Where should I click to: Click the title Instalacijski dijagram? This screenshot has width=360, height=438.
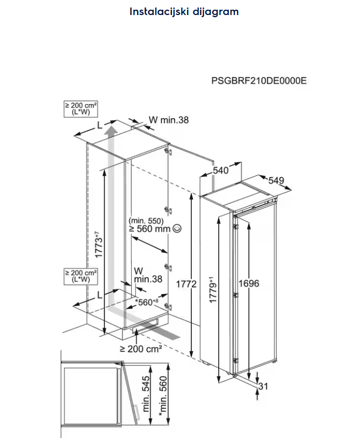[184, 11]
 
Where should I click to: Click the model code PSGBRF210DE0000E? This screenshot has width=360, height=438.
[259, 81]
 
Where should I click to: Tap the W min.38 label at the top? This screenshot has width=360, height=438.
[169, 120]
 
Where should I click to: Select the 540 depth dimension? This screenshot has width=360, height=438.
[220, 171]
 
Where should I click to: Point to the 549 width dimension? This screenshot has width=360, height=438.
[276, 180]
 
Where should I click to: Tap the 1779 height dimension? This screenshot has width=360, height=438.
[213, 290]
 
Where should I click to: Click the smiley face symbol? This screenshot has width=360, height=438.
[177, 229]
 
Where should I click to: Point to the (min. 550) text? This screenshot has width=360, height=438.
[146, 220]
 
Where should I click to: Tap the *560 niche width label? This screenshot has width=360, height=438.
[146, 303]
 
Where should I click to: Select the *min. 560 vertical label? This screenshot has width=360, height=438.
[162, 392]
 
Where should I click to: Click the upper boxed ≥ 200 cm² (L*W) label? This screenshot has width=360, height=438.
[76, 108]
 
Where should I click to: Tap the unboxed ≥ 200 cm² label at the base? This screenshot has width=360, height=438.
[141, 348]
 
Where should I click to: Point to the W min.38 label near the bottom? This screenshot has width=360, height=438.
[141, 274]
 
